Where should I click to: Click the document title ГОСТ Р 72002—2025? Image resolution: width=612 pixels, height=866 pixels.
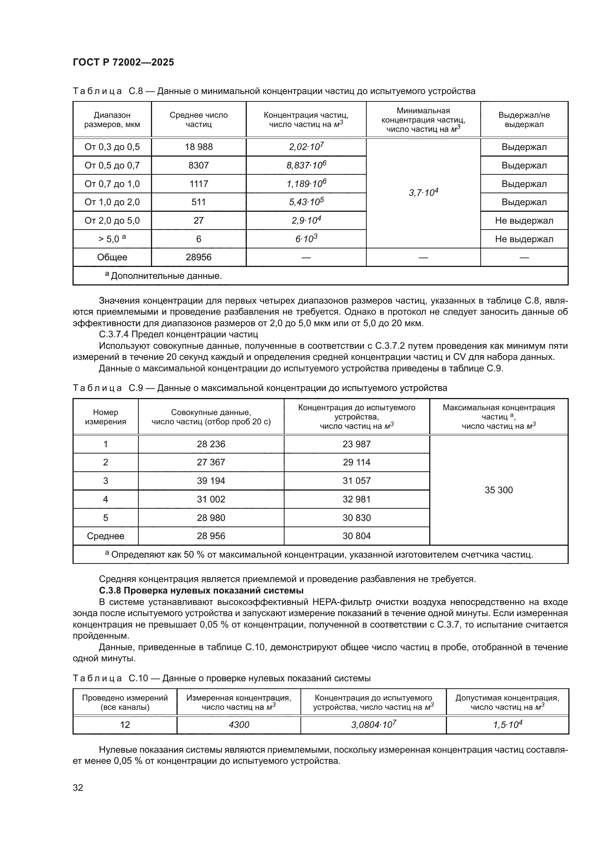point(123,62)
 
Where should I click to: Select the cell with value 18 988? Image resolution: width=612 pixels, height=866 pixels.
point(199,147)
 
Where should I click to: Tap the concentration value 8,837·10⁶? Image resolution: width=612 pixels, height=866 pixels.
point(306,165)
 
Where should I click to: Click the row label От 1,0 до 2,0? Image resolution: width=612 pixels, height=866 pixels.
point(112,202)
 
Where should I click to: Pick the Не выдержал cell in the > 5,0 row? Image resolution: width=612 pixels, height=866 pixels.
point(524,239)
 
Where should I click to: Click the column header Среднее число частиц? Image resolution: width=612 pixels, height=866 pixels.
point(199,120)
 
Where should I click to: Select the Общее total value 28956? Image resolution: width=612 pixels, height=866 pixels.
point(199,257)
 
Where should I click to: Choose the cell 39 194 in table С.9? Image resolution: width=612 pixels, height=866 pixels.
point(211,481)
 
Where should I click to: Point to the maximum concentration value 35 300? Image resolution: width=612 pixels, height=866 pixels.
point(498,490)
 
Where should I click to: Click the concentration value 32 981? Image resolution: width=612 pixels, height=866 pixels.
point(356,499)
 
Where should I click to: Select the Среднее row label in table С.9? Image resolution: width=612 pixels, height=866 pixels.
point(105,536)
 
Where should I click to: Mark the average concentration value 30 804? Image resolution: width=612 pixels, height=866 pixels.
point(356,536)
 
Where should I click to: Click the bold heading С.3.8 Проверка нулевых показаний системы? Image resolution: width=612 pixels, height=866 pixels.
point(201,590)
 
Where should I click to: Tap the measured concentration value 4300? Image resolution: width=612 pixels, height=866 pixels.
point(239,725)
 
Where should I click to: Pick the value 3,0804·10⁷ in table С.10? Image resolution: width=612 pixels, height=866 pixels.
point(373,725)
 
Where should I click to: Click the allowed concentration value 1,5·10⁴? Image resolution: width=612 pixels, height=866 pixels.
point(507,725)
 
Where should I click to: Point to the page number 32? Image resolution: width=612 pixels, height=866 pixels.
point(78,787)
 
